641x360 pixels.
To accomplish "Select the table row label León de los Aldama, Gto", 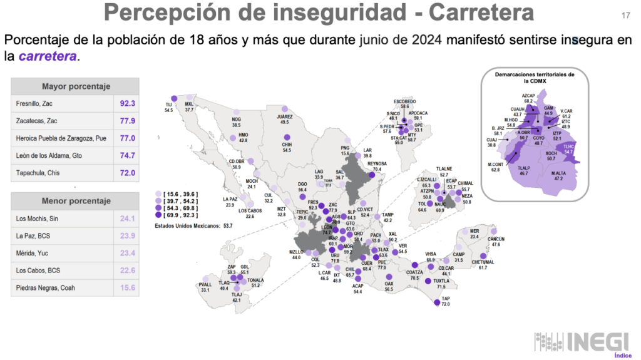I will click(52, 155).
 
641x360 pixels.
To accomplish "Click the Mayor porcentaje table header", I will click(75, 86).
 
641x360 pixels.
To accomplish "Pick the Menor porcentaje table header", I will click(75, 201).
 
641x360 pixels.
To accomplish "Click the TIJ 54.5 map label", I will click(168, 107).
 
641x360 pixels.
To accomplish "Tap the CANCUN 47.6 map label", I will click(496, 241).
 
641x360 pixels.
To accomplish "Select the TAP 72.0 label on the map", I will click(446, 301).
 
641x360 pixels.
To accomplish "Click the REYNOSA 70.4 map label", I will click(377, 167).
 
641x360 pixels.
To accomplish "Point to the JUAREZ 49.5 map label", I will click(284, 120).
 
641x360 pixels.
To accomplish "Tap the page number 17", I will click(625, 15).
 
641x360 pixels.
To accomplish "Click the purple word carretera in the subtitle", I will click(48, 56).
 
